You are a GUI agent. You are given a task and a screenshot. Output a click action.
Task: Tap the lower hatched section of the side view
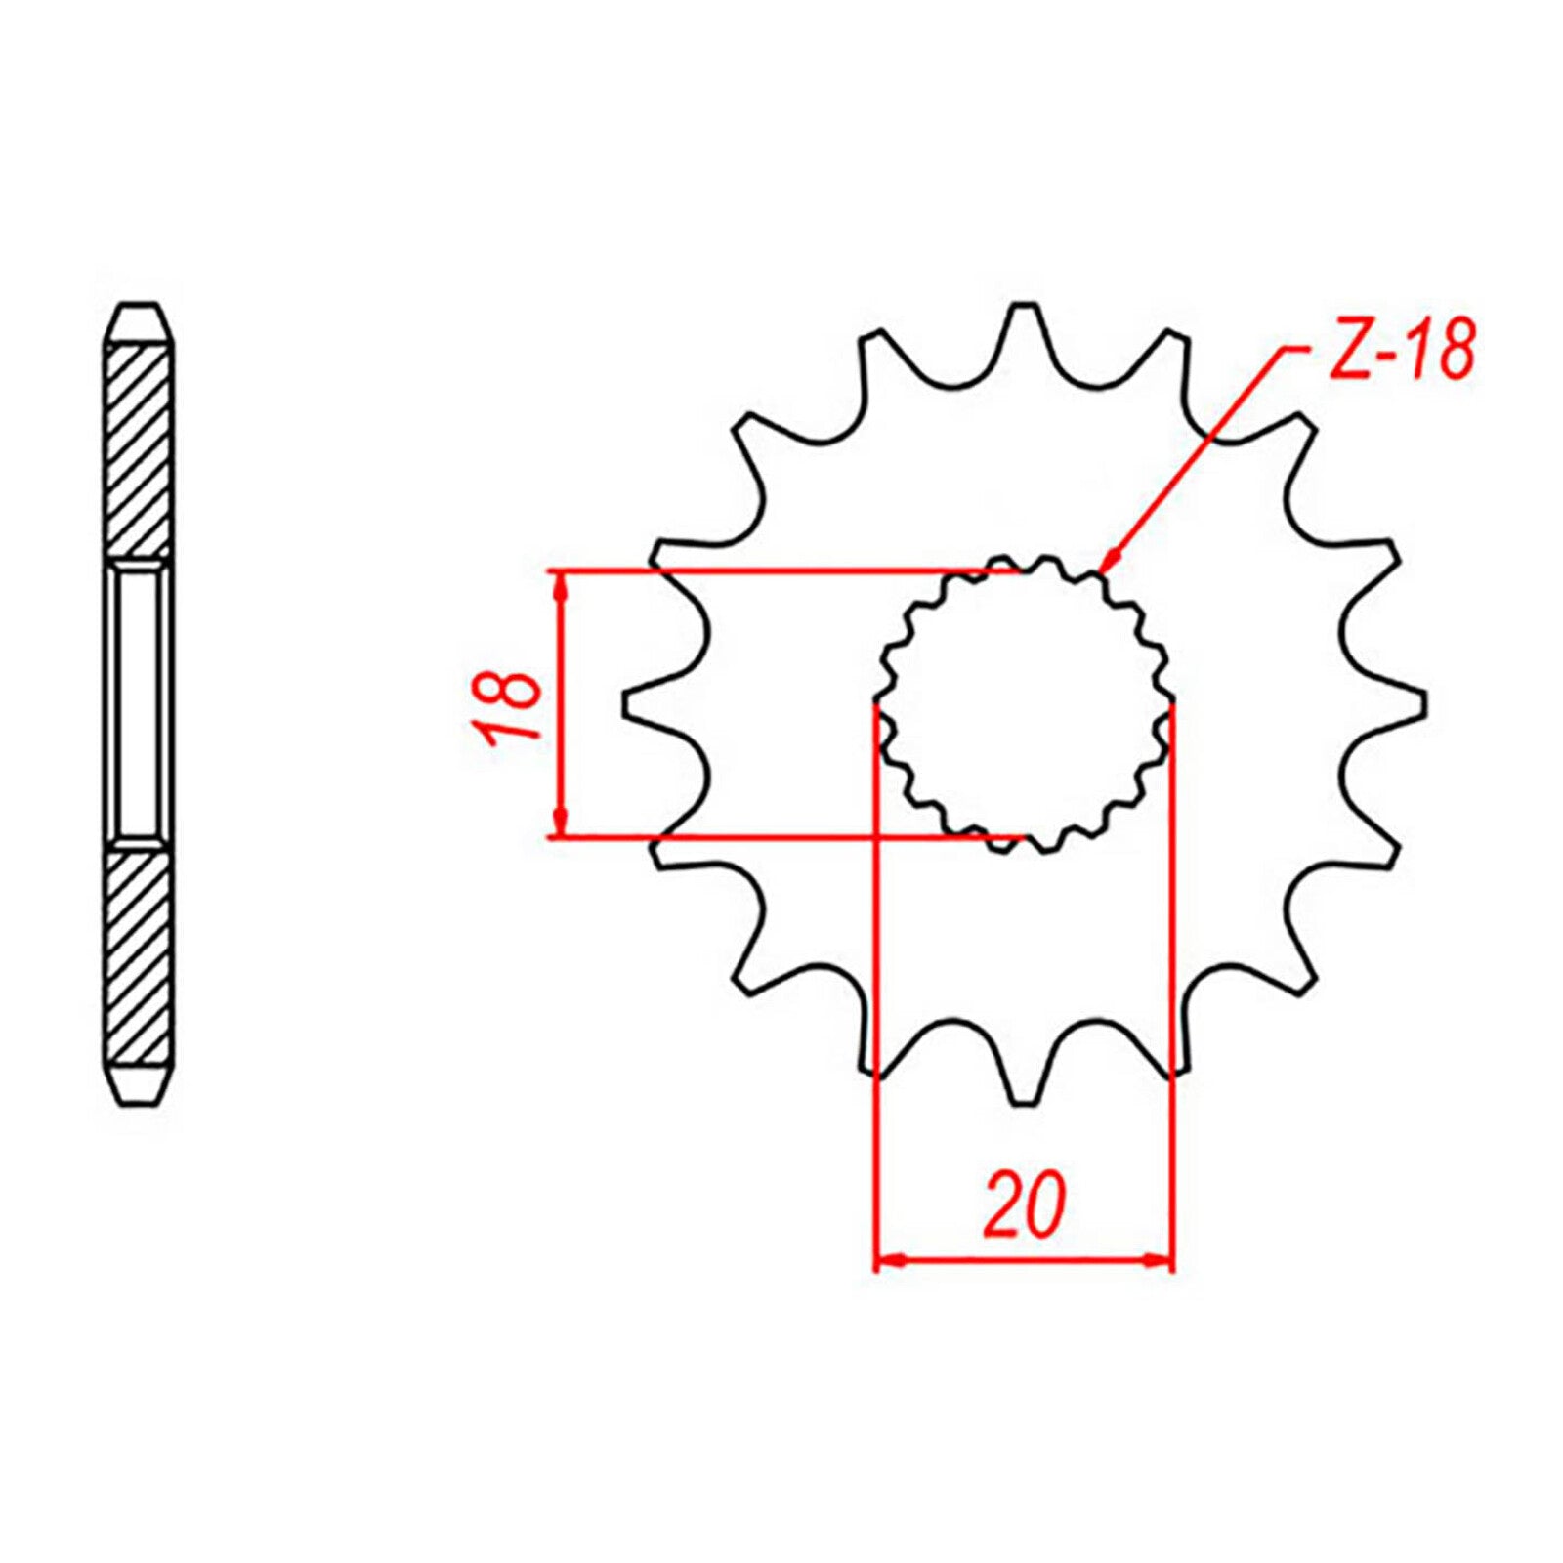[140, 957]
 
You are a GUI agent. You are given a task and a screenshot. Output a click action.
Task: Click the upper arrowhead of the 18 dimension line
[560, 586]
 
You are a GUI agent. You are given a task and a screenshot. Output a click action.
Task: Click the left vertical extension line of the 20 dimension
[875, 977]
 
